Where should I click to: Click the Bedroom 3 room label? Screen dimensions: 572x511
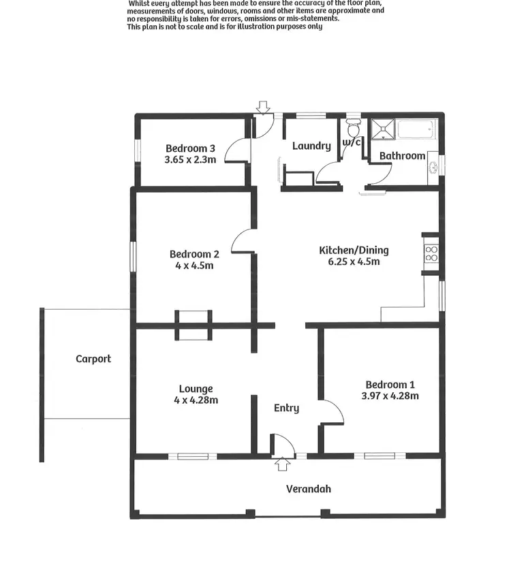pos(190,148)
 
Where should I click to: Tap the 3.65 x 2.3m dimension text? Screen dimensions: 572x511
pos(190,160)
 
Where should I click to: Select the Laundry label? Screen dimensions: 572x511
pos(311,146)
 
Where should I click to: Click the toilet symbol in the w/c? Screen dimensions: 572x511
pos(353,128)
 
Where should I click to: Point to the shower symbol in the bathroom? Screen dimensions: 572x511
pos(382,128)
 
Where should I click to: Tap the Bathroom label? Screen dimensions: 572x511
pos(402,156)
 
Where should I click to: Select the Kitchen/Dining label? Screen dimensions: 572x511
pos(354,250)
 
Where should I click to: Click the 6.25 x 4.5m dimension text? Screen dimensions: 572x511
pos(354,261)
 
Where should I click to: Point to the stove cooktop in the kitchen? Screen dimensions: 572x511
pos(431,253)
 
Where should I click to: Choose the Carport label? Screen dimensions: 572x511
pos(93,359)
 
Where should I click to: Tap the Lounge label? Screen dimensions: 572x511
pos(196,390)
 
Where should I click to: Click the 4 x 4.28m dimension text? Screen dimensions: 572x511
pos(196,400)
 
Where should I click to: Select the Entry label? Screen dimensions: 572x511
pos(286,408)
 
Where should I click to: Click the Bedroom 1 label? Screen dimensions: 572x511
pos(389,384)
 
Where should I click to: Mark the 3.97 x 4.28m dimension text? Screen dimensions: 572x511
pos(389,396)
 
